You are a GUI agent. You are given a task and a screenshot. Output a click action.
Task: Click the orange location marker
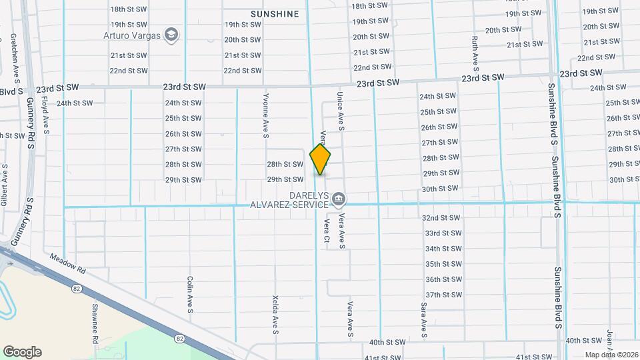click(x=320, y=159)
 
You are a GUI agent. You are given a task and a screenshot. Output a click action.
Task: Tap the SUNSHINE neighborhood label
click(x=275, y=13)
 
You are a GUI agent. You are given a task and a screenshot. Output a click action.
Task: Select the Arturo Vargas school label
click(x=133, y=35)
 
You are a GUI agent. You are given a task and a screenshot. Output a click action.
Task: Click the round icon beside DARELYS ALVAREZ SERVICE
click(x=339, y=198)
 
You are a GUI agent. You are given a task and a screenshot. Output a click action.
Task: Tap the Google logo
click(x=22, y=352)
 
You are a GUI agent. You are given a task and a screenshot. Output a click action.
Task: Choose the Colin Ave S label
click(x=190, y=294)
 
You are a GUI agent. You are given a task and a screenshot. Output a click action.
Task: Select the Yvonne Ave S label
click(x=265, y=115)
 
